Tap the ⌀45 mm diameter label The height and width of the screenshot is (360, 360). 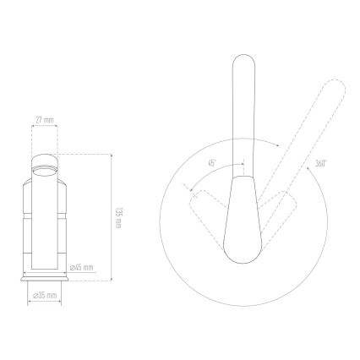tap(82, 267)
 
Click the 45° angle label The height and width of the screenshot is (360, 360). tap(212, 162)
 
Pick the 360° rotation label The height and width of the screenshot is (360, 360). tap(320, 163)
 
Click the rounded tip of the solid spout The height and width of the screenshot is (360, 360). tap(242, 60)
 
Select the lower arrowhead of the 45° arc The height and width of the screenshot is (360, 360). tap(191, 187)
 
